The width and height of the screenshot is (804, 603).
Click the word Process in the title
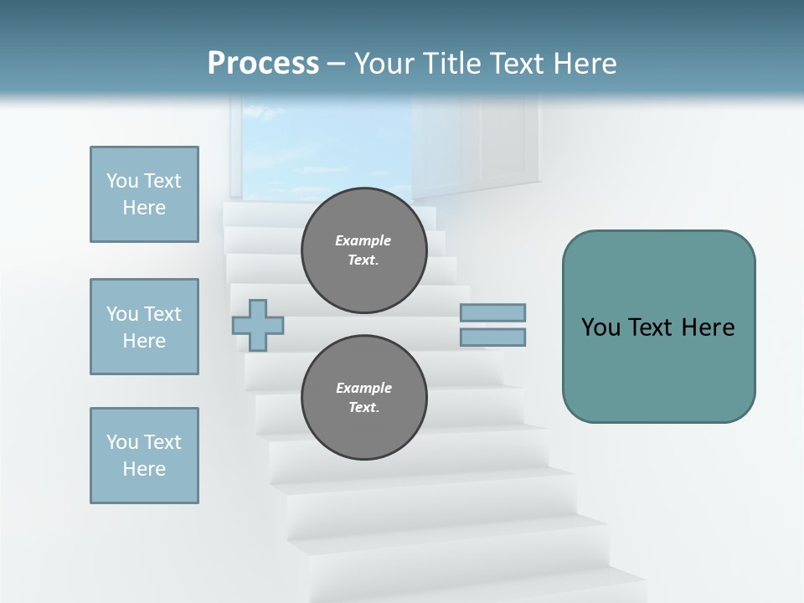click(263, 64)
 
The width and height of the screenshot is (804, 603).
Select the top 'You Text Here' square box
click(144, 194)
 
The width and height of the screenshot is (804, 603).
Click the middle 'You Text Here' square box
click(144, 327)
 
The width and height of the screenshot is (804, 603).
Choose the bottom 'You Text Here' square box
click(144, 456)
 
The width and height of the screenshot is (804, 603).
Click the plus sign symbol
click(258, 325)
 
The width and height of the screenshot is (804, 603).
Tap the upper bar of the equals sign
click(492, 312)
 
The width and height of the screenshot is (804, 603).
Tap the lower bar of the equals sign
click(492, 338)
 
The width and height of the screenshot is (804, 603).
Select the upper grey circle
click(363, 250)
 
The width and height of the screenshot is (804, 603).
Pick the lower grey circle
click(363, 397)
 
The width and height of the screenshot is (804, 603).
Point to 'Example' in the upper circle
click(363, 240)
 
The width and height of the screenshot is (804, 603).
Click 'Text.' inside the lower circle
click(363, 408)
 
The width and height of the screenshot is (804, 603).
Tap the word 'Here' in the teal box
click(708, 327)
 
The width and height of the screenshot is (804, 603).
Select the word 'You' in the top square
click(121, 181)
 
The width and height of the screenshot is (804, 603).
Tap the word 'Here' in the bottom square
click(144, 469)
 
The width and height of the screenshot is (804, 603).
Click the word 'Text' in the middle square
click(162, 314)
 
